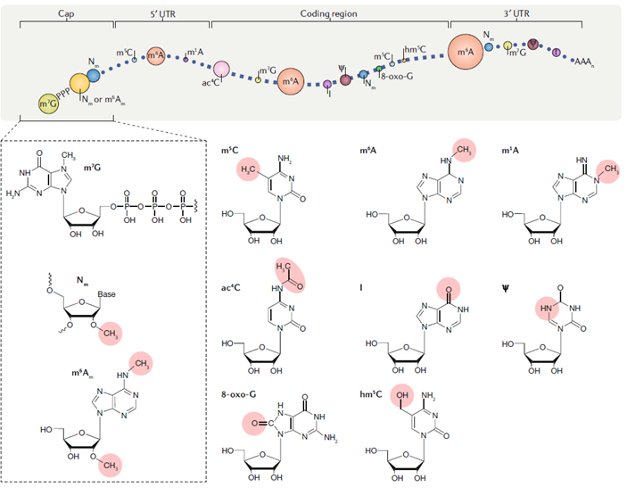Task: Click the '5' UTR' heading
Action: pos(161,13)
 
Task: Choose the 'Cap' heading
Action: pos(65,13)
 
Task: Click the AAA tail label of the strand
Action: pos(584,62)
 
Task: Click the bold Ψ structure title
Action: pos(509,287)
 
